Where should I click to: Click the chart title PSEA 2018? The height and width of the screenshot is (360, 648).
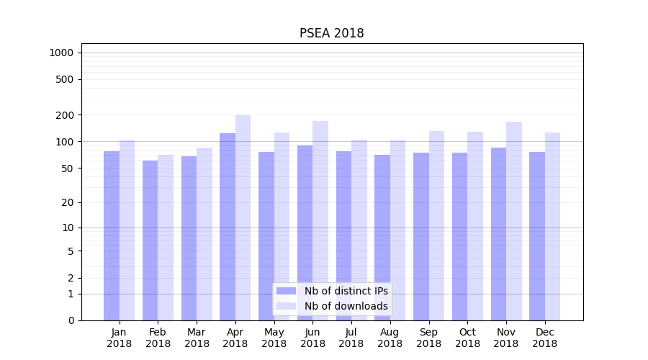pos(331,34)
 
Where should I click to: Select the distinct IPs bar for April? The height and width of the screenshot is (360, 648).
pos(228,227)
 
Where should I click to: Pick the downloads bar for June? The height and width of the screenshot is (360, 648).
pos(320,220)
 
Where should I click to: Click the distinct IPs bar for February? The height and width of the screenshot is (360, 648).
pos(150,240)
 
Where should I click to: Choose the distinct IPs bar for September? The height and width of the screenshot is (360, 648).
pos(420,236)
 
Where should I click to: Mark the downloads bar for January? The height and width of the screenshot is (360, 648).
pos(127,230)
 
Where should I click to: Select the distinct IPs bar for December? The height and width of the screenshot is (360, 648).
pos(537,236)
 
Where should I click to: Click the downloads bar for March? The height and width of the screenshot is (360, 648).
pos(204,234)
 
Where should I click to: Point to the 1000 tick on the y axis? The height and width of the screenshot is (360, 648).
pos(61,53)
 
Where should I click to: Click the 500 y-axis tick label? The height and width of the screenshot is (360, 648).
pos(66,79)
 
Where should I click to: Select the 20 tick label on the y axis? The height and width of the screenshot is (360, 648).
pos(68,202)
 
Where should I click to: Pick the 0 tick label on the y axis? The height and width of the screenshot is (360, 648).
pos(71,320)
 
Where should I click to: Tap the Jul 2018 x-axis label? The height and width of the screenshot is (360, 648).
pos(351,338)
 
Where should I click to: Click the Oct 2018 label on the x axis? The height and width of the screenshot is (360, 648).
pos(467,338)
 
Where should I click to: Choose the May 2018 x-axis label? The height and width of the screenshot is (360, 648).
pos(274,338)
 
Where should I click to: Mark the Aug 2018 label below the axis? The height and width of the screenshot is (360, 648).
pos(390,338)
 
